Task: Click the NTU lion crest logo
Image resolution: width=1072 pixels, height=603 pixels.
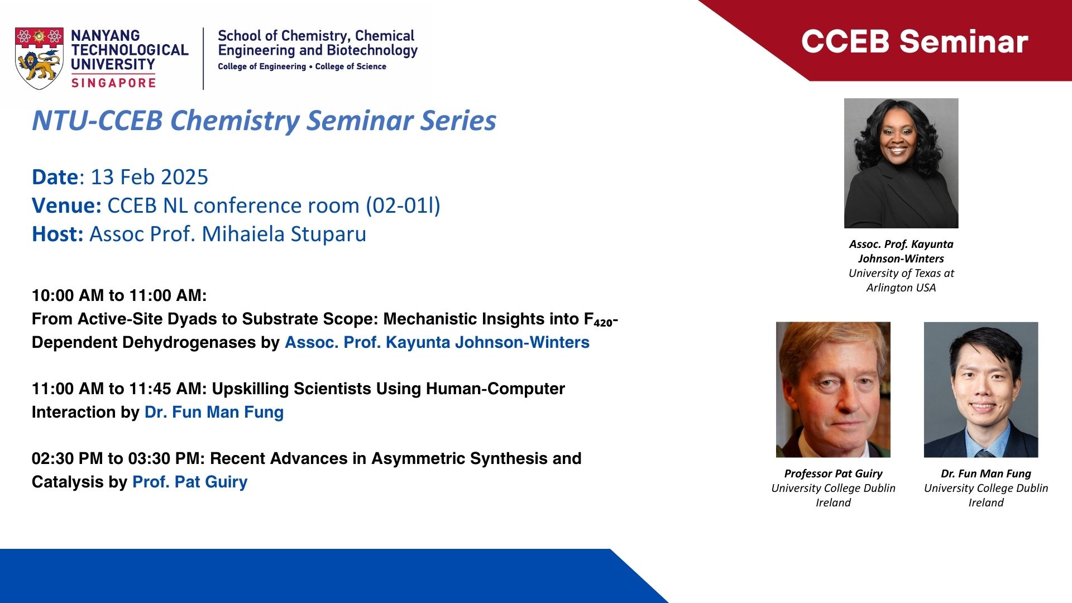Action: (x=39, y=58)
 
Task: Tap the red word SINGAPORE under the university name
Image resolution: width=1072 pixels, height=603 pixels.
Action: (x=113, y=83)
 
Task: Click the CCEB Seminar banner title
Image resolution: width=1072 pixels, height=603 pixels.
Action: (x=915, y=41)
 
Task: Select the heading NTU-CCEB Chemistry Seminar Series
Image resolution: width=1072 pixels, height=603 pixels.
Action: (x=264, y=121)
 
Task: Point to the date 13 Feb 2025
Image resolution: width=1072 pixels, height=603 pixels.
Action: (x=149, y=177)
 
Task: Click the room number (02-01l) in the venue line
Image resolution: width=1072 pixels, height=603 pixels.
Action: (x=403, y=205)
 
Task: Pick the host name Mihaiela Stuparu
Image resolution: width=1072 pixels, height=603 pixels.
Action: (x=284, y=234)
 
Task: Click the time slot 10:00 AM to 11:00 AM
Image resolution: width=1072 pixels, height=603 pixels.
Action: (x=119, y=295)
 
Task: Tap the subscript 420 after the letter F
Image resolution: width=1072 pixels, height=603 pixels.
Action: (x=603, y=323)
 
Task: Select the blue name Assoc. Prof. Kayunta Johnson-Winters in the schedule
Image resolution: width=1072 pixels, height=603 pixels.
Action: (x=437, y=342)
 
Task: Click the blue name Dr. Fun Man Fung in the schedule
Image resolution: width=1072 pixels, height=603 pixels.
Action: (x=214, y=412)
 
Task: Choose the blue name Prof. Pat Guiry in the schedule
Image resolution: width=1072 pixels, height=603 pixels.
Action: (x=190, y=482)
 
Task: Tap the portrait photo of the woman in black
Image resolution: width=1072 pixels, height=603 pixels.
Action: (x=901, y=163)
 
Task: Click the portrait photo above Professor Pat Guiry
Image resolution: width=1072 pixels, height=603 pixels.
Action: (x=833, y=390)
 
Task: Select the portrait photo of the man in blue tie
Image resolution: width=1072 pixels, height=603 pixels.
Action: (x=981, y=390)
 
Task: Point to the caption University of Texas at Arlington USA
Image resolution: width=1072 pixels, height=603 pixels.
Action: (x=901, y=280)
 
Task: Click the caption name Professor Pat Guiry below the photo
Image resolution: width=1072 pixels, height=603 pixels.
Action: (x=833, y=473)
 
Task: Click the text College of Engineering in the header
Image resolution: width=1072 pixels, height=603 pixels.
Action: (x=262, y=66)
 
